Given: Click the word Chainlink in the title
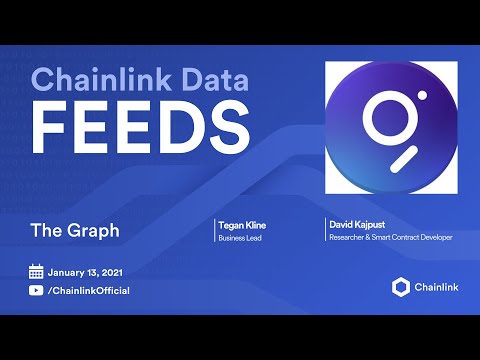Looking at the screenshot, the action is pos(101,79).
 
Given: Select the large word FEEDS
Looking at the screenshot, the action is pos(140,127).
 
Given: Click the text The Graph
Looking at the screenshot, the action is pos(75,230).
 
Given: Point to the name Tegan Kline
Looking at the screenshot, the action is pos(242,225).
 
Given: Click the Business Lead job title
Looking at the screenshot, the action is pos(240,238).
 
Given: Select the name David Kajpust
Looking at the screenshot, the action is pos(357,225).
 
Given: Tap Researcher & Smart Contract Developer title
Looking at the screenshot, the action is pos(391,237).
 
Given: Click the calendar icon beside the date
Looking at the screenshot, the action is pos(36,272).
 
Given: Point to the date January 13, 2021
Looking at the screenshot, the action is pos(85,273).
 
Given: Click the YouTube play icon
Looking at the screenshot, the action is pos(36,290).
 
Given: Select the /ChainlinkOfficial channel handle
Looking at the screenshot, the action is pos(89,291).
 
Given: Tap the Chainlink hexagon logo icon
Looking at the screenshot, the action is pos(401,287).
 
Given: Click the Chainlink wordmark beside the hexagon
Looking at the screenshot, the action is pos(437,287).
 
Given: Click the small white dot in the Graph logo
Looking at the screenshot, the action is pos(422,95).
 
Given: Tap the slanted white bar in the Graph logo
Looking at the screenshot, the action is pos(404,159).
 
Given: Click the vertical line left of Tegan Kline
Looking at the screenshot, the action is pos(214,230).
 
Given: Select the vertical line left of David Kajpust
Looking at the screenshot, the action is pos(325,229).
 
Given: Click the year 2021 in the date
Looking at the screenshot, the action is pos(112,273).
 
